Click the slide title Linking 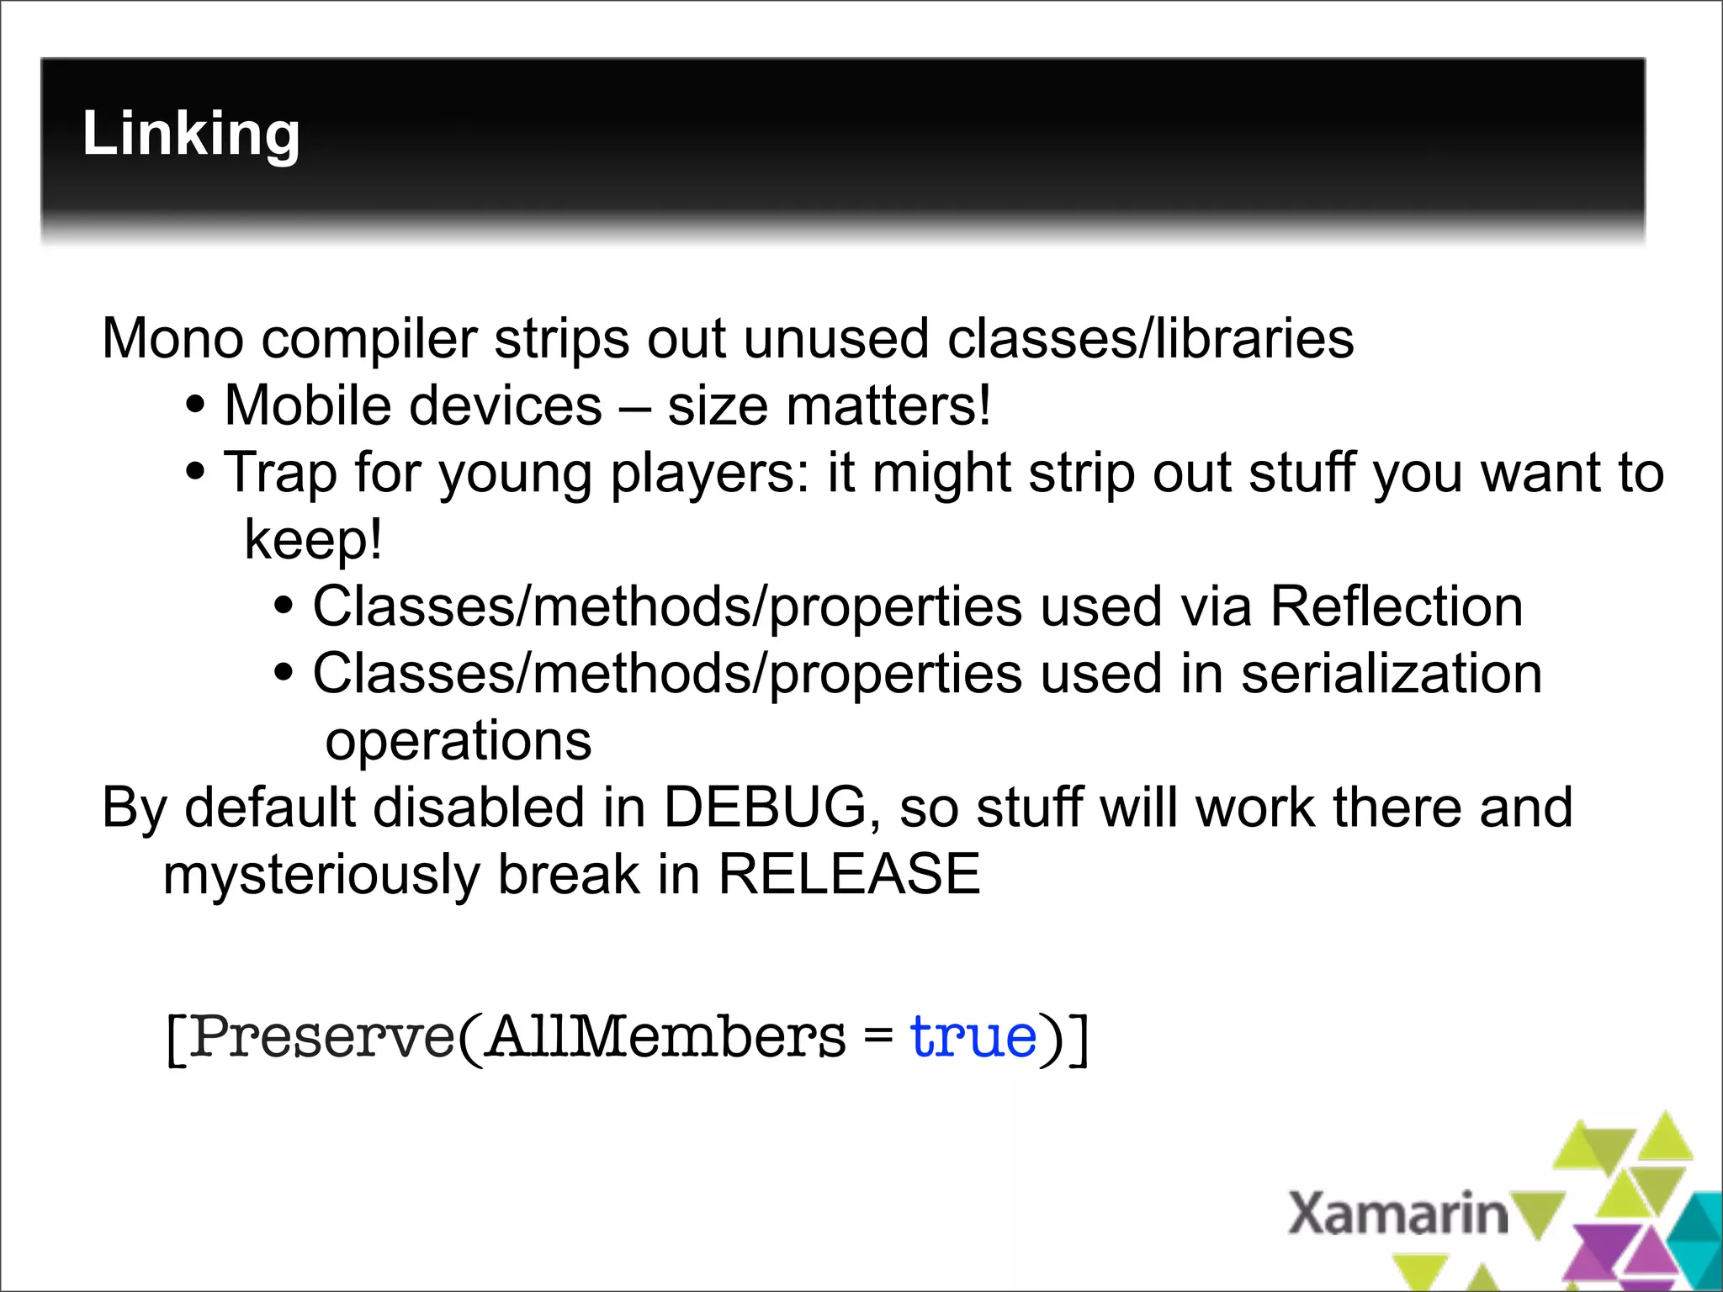pyautogui.click(x=191, y=135)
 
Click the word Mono pyautogui.click(x=172, y=338)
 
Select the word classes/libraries pyautogui.click(x=1150, y=338)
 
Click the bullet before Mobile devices pyautogui.click(x=195, y=405)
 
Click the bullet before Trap pyautogui.click(x=195, y=471)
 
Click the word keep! pyautogui.click(x=313, y=539)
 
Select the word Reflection pyautogui.click(x=1396, y=606)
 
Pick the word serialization pyautogui.click(x=1391, y=673)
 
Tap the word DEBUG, pyautogui.click(x=771, y=807)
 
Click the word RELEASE pyautogui.click(x=849, y=873)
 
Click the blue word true pyautogui.click(x=973, y=1036)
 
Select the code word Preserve pyautogui.click(x=321, y=1036)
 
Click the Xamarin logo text pyautogui.click(x=1398, y=1214)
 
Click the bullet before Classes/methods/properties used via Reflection pyautogui.click(x=284, y=606)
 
